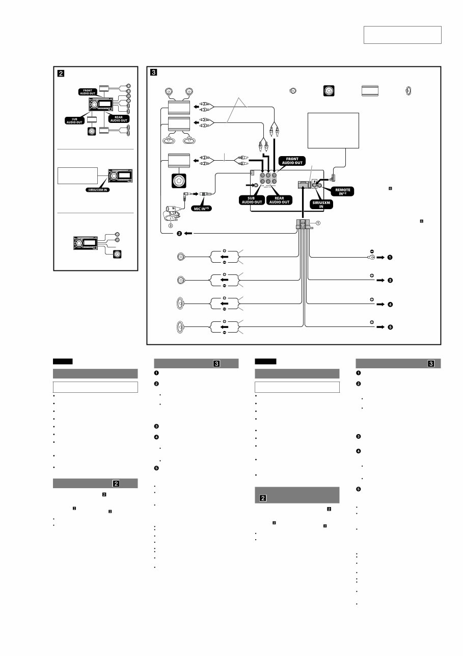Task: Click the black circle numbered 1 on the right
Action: pyautogui.click(x=390, y=257)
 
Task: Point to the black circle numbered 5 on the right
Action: pyautogui.click(x=390, y=327)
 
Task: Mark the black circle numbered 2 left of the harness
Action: pyautogui.click(x=179, y=233)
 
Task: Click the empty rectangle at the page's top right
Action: pyautogui.click(x=402, y=35)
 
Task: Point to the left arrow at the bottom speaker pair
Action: pyautogui.click(x=223, y=327)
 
